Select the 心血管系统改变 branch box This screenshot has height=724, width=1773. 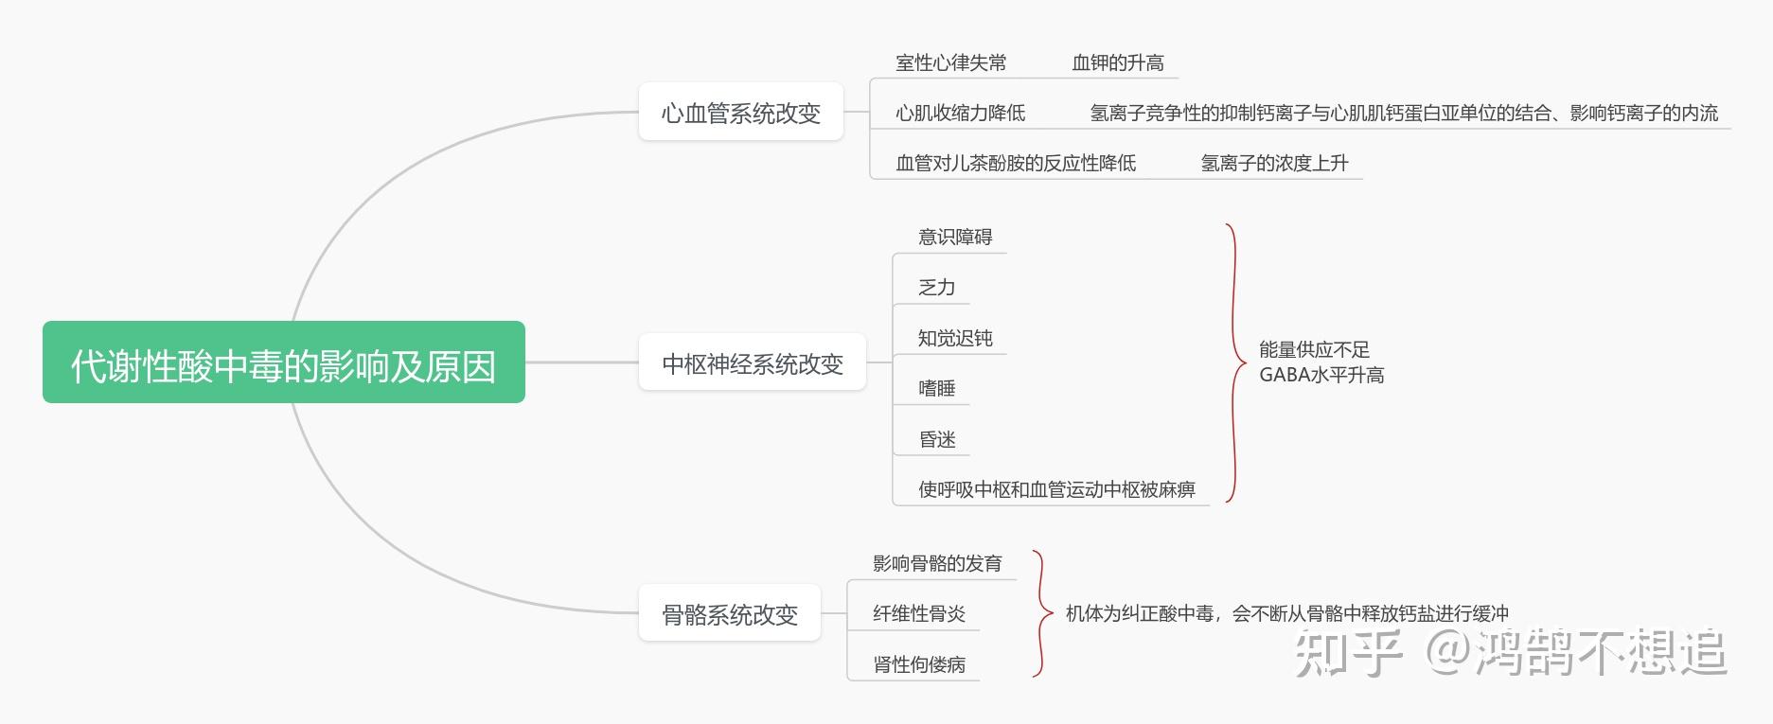[x=740, y=113]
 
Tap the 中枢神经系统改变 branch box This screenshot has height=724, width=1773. [x=752, y=363]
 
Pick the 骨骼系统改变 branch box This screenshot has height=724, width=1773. [x=729, y=614]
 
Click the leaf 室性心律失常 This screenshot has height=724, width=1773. [x=950, y=63]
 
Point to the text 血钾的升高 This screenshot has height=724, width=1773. [x=1117, y=63]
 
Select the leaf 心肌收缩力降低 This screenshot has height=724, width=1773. [x=960, y=114]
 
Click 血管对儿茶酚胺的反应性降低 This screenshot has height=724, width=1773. [x=1015, y=163]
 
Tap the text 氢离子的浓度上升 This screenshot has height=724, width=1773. [x=1273, y=163]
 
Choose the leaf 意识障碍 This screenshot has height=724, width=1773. [x=954, y=237]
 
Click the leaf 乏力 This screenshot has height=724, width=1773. [x=936, y=288]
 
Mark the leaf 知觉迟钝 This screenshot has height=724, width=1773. [x=954, y=338]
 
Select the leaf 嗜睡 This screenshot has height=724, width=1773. [x=936, y=388]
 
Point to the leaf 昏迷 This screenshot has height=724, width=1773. [x=936, y=439]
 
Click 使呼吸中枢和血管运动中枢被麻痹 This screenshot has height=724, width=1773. [x=1055, y=489]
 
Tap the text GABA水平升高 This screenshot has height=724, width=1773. [x=1321, y=376]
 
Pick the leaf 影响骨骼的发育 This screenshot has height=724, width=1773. [x=936, y=563]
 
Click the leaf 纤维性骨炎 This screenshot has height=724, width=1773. [x=918, y=613]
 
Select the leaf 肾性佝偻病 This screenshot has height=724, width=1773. [x=918, y=664]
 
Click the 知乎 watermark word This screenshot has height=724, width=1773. [x=1347, y=652]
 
